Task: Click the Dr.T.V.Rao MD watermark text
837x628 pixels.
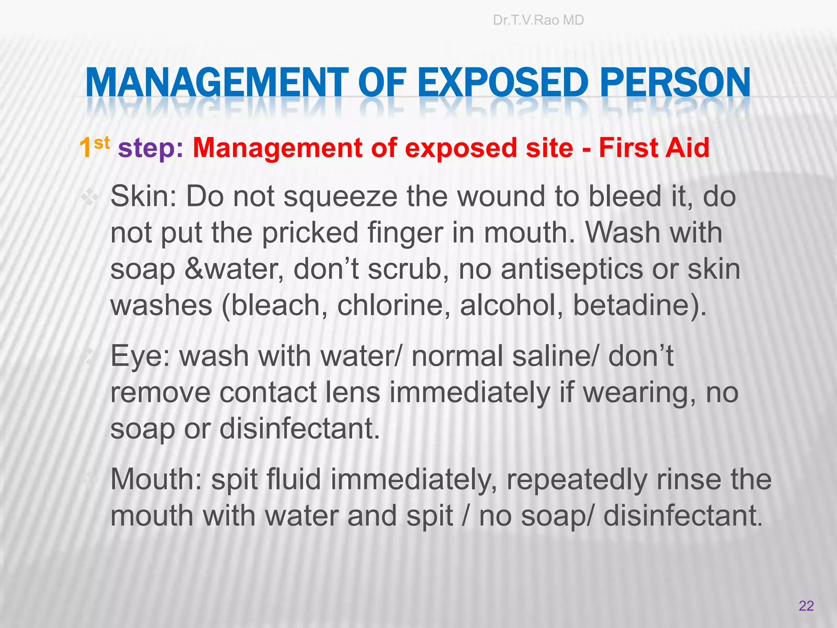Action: point(538,20)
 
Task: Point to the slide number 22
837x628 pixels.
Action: point(806,606)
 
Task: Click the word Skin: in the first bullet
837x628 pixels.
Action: point(143,197)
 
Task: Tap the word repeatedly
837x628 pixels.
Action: point(577,480)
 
